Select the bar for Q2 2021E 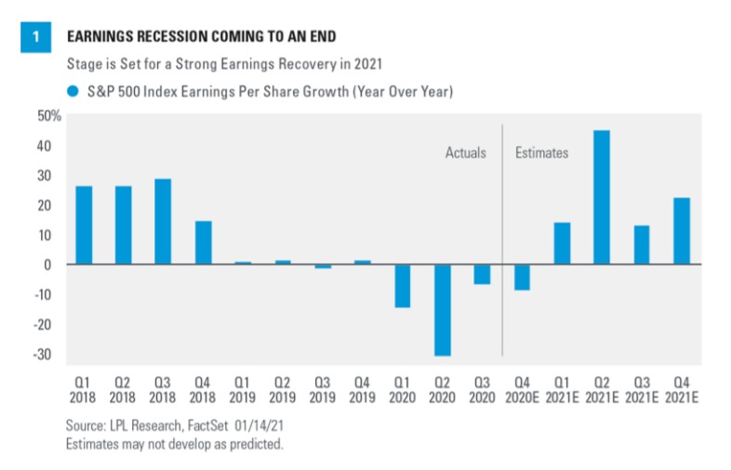[x=602, y=197]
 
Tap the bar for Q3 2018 [x=163, y=222]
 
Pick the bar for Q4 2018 [x=203, y=242]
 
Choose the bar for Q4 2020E [x=522, y=277]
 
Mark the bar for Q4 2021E [x=682, y=231]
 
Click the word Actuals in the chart [x=465, y=153]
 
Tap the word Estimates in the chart [x=541, y=153]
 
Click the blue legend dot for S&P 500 [x=72, y=91]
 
